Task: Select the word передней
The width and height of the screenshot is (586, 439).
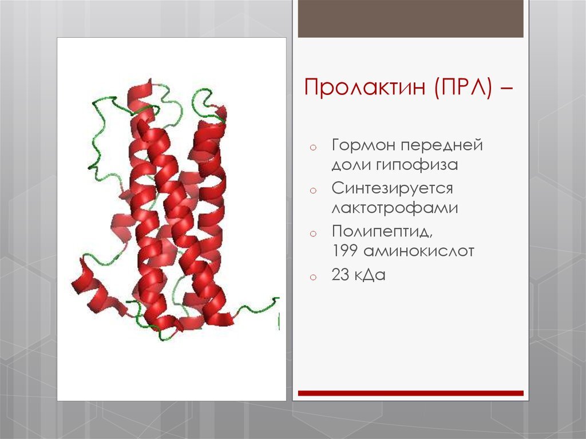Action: click(x=446, y=145)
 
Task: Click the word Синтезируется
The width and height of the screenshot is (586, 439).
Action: click(x=393, y=188)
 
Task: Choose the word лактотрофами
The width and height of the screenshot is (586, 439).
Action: click(x=395, y=208)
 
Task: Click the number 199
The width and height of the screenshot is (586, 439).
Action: click(x=346, y=251)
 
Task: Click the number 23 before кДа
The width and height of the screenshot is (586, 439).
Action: click(x=341, y=275)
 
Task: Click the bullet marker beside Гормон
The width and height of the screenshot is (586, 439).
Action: click(x=312, y=148)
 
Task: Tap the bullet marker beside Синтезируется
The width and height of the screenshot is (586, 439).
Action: click(x=312, y=190)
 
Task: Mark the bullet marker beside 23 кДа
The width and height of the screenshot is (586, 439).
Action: click(x=312, y=278)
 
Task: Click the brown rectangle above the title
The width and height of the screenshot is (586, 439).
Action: click(x=410, y=19)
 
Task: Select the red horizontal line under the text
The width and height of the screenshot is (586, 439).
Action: click(x=410, y=393)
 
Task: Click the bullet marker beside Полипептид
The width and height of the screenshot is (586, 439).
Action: click(x=312, y=233)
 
